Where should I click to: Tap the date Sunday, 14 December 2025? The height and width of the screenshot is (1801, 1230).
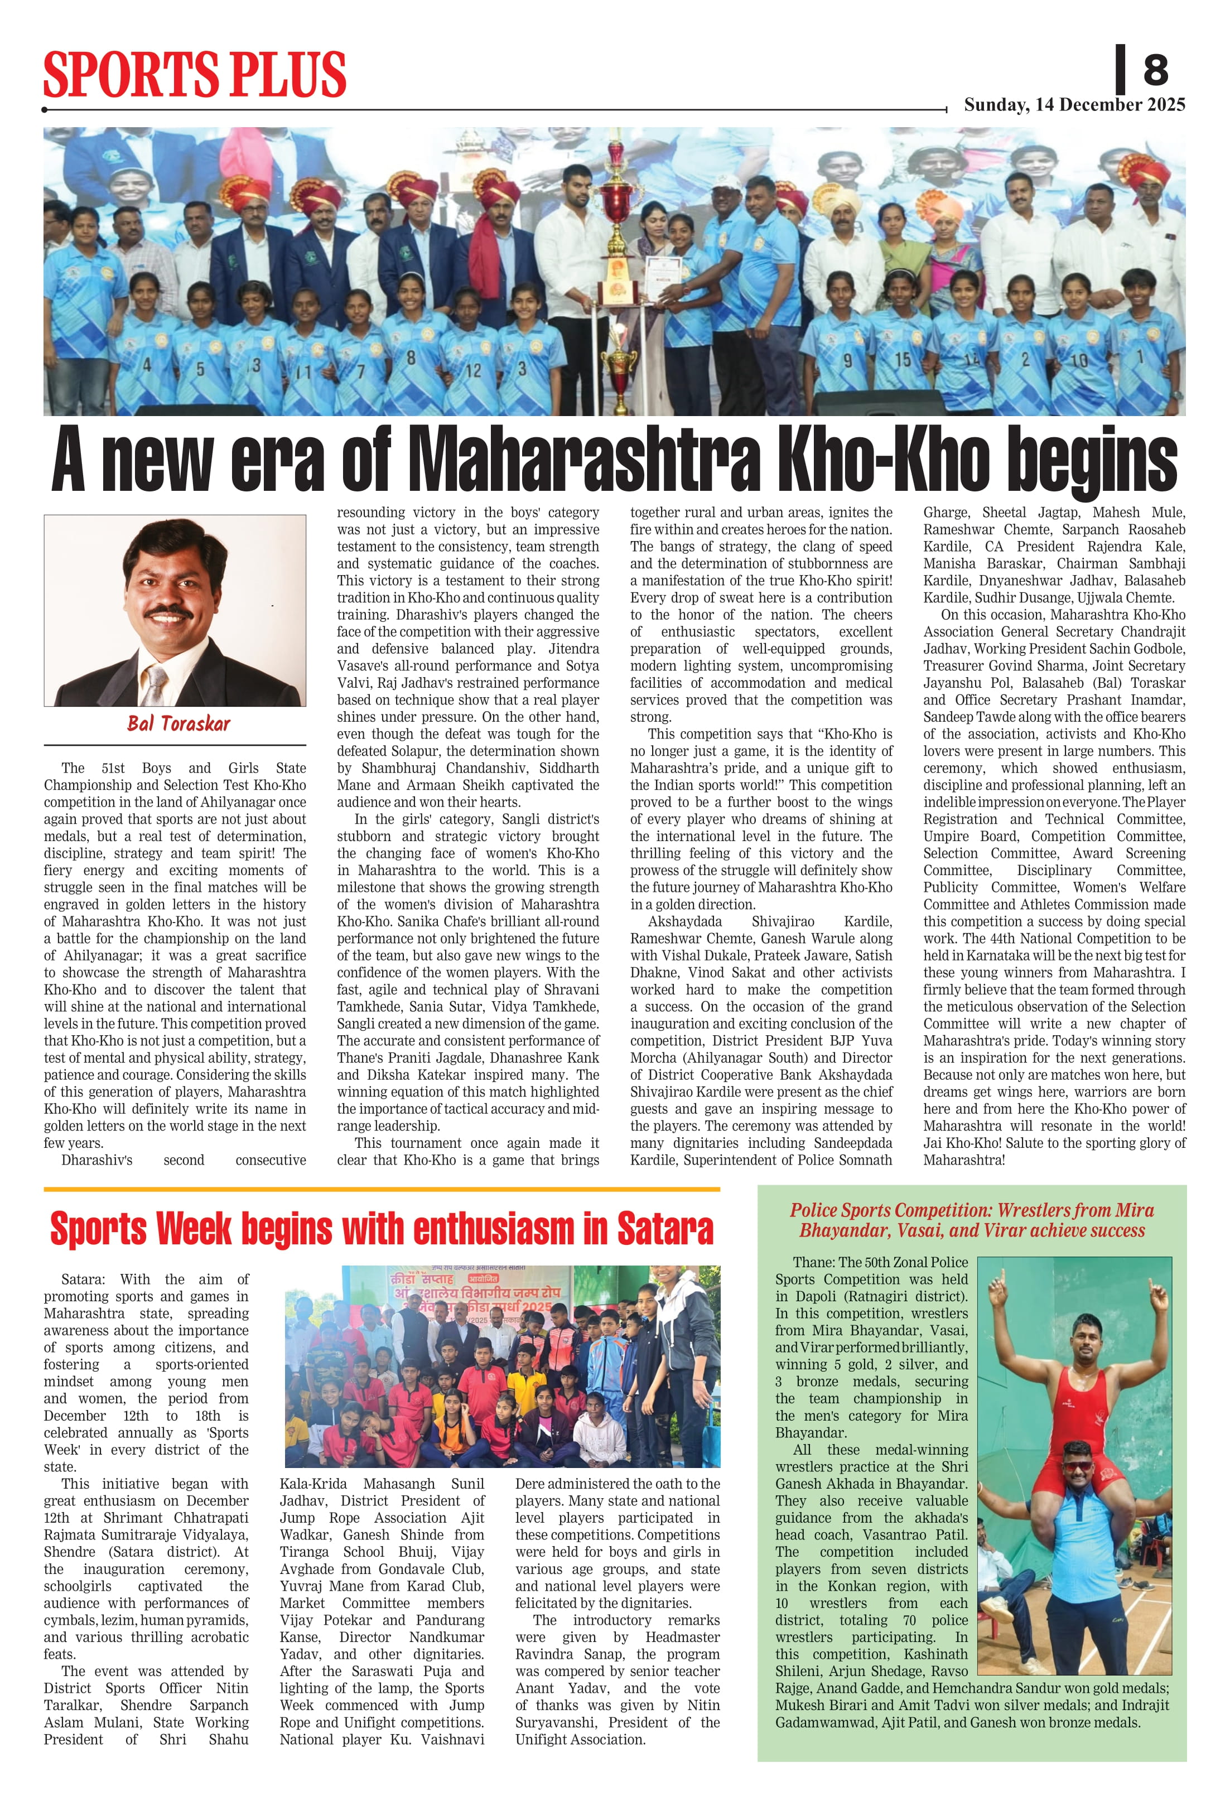click(x=1074, y=105)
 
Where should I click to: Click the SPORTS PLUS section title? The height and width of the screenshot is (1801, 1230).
click(x=195, y=74)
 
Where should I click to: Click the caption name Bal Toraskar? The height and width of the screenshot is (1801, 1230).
click(x=179, y=724)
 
